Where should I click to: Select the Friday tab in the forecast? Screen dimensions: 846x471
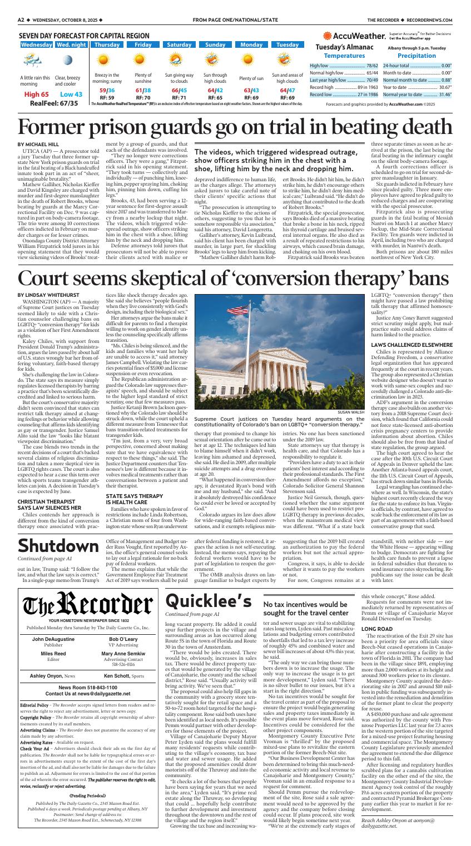143,44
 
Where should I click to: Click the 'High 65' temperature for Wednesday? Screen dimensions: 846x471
37,94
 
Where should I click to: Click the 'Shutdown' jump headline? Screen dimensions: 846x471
54,546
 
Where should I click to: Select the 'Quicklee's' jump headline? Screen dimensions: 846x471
208,581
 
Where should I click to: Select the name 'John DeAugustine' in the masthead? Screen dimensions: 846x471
53,625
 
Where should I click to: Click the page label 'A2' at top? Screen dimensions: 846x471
21,19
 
